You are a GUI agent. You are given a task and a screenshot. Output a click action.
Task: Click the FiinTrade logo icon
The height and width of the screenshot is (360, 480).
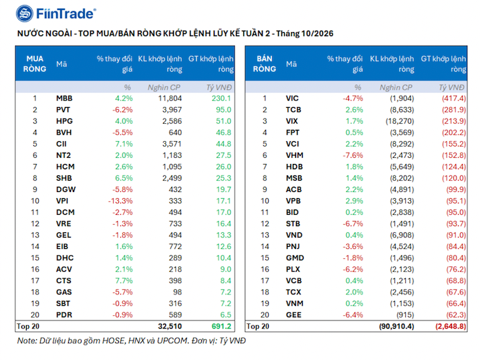[x=25, y=13]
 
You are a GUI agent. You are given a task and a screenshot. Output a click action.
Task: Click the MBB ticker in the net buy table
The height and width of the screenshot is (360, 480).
[x=64, y=98]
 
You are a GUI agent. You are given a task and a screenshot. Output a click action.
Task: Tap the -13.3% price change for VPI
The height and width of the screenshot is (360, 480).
[x=120, y=201]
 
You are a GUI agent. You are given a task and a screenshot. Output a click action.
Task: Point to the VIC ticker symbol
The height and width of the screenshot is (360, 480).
[x=292, y=98]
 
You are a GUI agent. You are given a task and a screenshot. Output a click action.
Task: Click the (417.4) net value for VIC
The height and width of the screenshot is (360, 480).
[x=454, y=98]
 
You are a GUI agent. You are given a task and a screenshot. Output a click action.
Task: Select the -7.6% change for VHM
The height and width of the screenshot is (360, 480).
[x=353, y=155]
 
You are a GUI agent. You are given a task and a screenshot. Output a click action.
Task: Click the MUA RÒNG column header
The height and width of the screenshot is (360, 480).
[x=35, y=64]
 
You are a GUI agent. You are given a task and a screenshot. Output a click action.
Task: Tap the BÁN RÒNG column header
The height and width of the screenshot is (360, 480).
[x=265, y=64]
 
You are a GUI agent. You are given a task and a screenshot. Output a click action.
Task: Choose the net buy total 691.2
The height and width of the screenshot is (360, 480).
[x=221, y=327]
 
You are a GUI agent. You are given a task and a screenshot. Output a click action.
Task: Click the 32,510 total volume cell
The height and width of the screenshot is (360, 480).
[x=170, y=327]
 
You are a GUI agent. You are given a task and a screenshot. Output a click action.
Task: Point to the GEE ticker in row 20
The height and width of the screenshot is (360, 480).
[x=293, y=315]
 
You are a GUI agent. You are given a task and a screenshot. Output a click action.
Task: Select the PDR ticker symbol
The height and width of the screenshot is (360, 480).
[x=64, y=315]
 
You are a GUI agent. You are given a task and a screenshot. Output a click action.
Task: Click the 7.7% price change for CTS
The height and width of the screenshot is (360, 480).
[x=124, y=280]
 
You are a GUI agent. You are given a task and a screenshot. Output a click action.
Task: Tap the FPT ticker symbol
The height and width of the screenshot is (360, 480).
[x=293, y=132]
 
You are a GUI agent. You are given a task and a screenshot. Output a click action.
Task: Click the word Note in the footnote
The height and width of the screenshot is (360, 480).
[x=27, y=341]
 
